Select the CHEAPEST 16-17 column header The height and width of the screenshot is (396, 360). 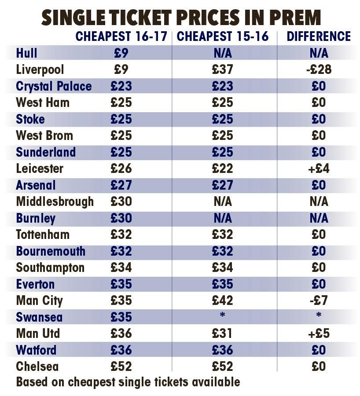coord(121,37)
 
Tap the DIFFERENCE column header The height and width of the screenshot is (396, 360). coord(319,37)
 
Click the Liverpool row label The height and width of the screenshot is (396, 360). coord(40,70)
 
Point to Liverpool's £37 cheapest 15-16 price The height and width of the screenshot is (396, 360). coord(222,70)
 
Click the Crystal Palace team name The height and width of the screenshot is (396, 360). coord(54,86)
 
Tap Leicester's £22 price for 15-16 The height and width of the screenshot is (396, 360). coord(222,169)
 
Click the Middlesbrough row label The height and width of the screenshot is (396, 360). coord(55,202)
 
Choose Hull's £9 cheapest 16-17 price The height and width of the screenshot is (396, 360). coord(121,53)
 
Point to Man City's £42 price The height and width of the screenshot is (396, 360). coord(222,301)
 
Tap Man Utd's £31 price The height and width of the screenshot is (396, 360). coord(222,333)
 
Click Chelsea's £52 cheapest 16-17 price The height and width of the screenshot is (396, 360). coord(121,366)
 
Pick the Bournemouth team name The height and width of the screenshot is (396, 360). coord(51,251)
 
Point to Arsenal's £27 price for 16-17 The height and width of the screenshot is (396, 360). coord(121,185)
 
